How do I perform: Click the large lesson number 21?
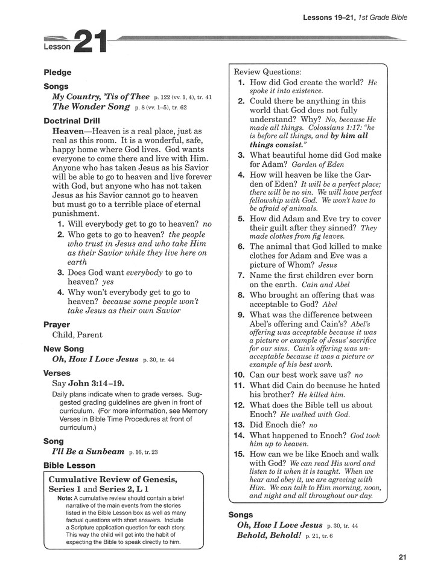coord(90,43)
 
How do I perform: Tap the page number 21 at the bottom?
coord(402,557)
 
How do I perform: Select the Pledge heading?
coord(57,73)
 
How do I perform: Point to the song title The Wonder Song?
coord(91,107)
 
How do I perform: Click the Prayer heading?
coord(57,325)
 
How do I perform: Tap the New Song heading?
coord(64,349)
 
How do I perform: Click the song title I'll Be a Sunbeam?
coord(88,451)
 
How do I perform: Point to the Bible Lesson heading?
coord(69,465)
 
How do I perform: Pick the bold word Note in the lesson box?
coord(65,498)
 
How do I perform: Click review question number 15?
coord(239,454)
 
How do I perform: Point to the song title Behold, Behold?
coord(269,536)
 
